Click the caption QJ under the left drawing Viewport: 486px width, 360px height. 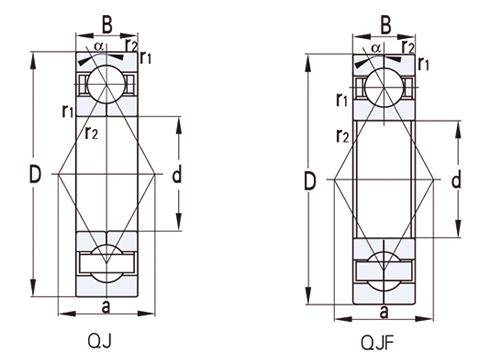tap(101, 339)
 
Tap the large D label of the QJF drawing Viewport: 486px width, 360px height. tap(311, 181)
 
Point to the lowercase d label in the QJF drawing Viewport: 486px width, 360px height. tap(455, 180)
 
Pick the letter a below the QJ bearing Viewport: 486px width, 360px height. tap(106, 305)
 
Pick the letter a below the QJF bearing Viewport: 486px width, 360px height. tap(384, 308)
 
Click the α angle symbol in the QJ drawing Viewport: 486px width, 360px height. tap(98, 45)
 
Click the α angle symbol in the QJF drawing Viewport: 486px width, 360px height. tap(375, 46)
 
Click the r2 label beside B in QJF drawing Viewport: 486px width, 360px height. tap(408, 45)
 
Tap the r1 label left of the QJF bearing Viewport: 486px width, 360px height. tap(344, 101)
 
